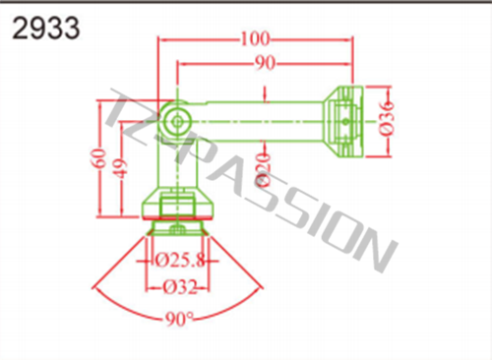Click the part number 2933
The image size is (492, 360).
(46, 29)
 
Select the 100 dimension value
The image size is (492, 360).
(256, 39)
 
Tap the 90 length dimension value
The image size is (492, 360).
(265, 63)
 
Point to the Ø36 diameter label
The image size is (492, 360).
(387, 118)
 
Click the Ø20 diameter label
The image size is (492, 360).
(265, 169)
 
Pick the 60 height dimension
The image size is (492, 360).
(100, 158)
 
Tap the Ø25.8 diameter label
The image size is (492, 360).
(180, 261)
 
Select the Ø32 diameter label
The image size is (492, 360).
(180, 287)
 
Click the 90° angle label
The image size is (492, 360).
(179, 319)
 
